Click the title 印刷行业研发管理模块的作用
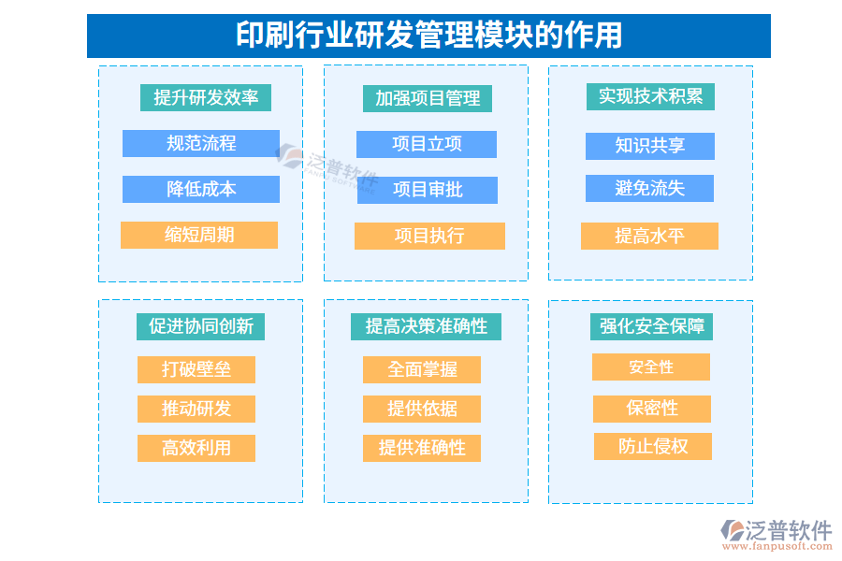coord(428,36)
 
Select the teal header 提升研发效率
coord(206,97)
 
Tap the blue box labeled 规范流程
coord(201,143)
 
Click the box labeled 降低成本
coord(201,189)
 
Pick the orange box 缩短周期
coord(199,235)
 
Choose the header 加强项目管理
coord(428,98)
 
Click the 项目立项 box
coord(427,144)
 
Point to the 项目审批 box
coord(427,190)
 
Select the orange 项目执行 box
coord(429,236)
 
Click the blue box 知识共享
coord(650,146)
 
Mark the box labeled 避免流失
coord(650,188)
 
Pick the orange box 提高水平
coord(649,236)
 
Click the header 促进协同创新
coord(201,325)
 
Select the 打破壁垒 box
coord(196,369)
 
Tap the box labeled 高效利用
coord(196,448)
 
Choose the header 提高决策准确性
coord(427,325)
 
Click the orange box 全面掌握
coord(422,369)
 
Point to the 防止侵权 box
coord(653,446)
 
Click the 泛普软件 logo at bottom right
coord(776,534)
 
